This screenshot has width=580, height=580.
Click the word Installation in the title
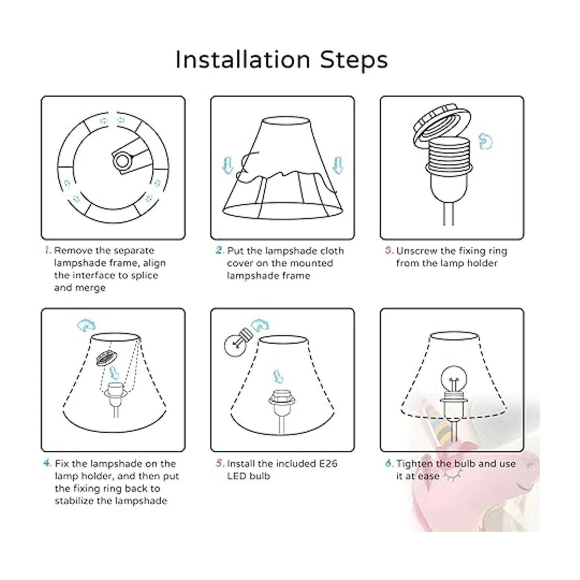tap(243, 59)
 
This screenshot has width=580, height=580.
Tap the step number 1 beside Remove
tap(48, 250)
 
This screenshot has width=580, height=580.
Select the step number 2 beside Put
tap(220, 250)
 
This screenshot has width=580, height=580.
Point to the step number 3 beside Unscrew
tap(390, 250)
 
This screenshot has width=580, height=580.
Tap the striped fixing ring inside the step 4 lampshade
tap(106, 358)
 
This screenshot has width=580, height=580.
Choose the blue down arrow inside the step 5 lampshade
tap(277, 376)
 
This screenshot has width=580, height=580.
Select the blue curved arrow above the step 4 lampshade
tap(87, 325)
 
